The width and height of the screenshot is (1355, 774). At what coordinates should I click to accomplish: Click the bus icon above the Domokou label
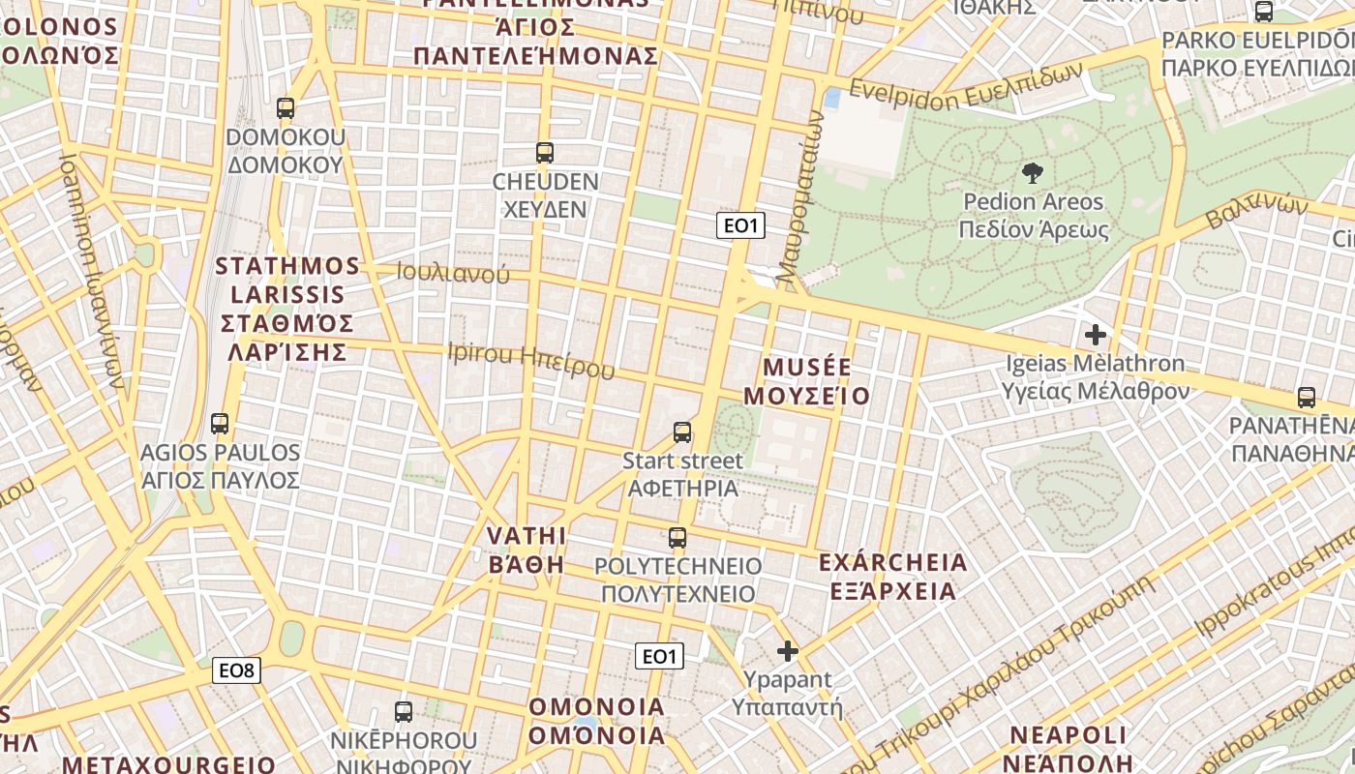(x=285, y=108)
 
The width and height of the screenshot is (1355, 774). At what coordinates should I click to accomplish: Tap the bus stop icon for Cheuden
(x=544, y=153)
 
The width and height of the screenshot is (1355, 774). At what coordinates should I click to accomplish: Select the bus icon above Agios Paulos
(x=220, y=424)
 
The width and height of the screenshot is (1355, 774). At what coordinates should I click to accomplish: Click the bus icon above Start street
(x=682, y=432)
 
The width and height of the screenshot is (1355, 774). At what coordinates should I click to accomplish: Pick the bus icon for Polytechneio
(x=677, y=538)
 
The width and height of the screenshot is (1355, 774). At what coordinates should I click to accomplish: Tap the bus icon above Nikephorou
(x=404, y=712)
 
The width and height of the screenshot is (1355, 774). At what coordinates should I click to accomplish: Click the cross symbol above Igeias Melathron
(x=1096, y=336)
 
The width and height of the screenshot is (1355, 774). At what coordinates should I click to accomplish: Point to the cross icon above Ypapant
(x=788, y=651)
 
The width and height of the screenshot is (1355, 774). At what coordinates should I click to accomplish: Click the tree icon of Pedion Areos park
(x=1033, y=174)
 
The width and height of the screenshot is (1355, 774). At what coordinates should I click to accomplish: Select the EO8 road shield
(x=237, y=670)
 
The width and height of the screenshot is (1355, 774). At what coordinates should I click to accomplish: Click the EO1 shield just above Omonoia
(x=659, y=656)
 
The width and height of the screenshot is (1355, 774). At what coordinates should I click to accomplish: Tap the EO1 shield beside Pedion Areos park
(x=740, y=226)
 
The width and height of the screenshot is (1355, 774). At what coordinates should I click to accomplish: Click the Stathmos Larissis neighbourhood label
(x=286, y=309)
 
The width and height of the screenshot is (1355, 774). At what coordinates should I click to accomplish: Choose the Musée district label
(x=816, y=382)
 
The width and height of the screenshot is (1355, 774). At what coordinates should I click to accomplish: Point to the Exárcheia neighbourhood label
(x=892, y=577)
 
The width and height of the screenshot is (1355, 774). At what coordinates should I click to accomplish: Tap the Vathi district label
(x=526, y=550)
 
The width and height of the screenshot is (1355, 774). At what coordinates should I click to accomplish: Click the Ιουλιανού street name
(x=453, y=273)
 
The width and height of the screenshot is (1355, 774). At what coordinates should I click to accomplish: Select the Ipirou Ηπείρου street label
(x=530, y=360)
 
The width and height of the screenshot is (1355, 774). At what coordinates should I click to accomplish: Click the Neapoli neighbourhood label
(x=1069, y=748)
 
